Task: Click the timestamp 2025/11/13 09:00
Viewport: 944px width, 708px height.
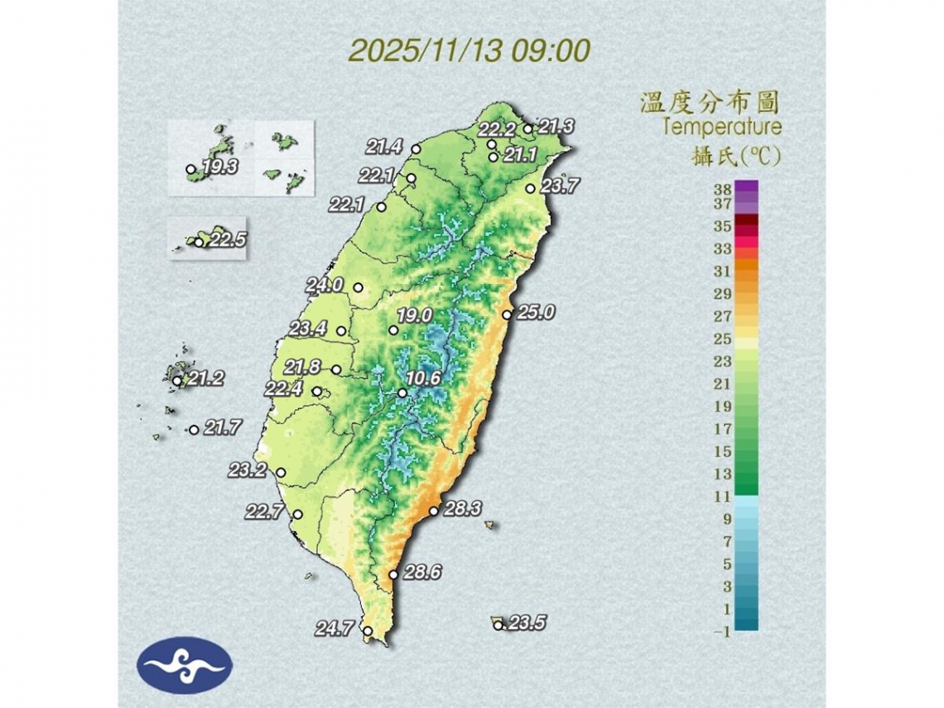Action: [469, 50]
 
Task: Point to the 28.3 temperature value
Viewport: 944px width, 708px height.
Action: [462, 509]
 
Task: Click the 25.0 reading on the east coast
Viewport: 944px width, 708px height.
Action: [535, 313]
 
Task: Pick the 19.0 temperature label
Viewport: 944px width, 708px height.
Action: [415, 315]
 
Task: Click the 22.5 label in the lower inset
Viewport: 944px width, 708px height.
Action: [227, 240]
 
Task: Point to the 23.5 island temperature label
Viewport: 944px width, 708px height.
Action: [527, 624]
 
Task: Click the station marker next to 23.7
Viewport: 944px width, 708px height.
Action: [530, 189]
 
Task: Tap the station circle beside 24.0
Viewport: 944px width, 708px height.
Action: [359, 287]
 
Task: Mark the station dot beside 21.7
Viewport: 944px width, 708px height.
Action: [194, 430]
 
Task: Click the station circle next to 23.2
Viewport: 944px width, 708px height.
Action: [281, 473]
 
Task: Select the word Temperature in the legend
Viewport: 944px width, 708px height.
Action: [721, 128]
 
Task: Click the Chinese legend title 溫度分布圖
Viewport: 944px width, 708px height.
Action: [710, 104]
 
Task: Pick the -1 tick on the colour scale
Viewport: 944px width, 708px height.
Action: [720, 633]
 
